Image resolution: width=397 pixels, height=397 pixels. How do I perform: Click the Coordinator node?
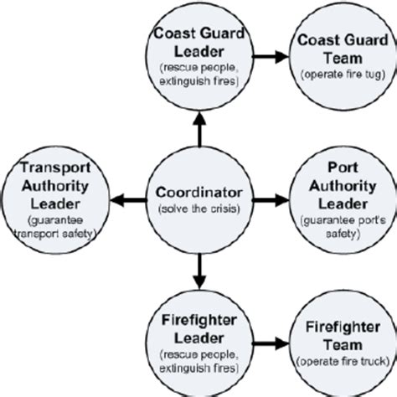point(198,198)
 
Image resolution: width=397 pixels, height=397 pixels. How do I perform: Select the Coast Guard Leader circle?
point(198,57)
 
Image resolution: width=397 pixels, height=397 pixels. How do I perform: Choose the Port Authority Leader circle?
point(338,198)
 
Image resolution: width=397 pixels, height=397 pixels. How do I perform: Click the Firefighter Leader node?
point(198,339)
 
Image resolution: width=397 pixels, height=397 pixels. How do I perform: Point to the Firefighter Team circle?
point(338,339)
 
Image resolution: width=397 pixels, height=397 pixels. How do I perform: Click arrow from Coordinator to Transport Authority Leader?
point(126,198)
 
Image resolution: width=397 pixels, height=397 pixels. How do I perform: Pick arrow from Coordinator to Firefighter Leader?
point(198,270)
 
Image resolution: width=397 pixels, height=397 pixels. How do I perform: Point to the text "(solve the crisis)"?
point(198,207)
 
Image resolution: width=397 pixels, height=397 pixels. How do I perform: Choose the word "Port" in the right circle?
point(338,170)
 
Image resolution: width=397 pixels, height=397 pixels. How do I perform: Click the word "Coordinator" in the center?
point(198,191)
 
